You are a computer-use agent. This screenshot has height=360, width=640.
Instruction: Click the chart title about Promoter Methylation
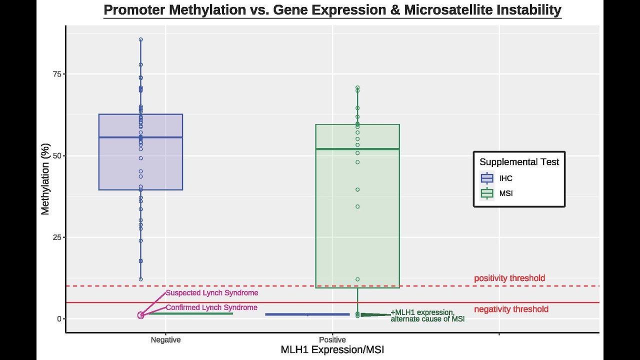tap(332, 10)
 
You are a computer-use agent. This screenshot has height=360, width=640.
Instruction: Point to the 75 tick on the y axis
tap(56, 74)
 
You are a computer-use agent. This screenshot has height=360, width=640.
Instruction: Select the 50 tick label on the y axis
tap(56, 155)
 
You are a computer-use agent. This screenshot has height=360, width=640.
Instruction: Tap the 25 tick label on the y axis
tap(56, 237)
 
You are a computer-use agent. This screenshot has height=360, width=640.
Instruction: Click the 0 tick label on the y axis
tap(58, 319)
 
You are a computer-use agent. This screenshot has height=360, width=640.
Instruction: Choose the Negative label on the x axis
tap(165, 340)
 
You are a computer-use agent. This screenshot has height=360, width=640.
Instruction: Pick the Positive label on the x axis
tap(332, 340)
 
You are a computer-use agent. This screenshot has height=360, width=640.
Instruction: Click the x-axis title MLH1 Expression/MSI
tap(332, 350)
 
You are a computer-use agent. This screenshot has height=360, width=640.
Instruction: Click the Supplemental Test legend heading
tap(519, 162)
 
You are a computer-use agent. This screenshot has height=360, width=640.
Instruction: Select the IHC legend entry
tap(505, 178)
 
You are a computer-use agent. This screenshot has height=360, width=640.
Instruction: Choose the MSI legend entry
tap(505, 193)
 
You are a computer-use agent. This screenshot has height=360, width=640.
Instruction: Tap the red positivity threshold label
tap(509, 278)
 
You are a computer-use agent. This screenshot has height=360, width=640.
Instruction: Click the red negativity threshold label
tap(511, 309)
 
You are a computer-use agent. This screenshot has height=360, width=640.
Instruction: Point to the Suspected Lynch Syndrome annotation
tap(212, 293)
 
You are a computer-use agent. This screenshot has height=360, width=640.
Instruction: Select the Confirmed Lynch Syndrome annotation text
tap(211, 307)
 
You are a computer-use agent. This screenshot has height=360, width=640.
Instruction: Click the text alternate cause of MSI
tap(427, 319)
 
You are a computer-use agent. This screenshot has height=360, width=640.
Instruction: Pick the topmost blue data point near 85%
tap(140, 39)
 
